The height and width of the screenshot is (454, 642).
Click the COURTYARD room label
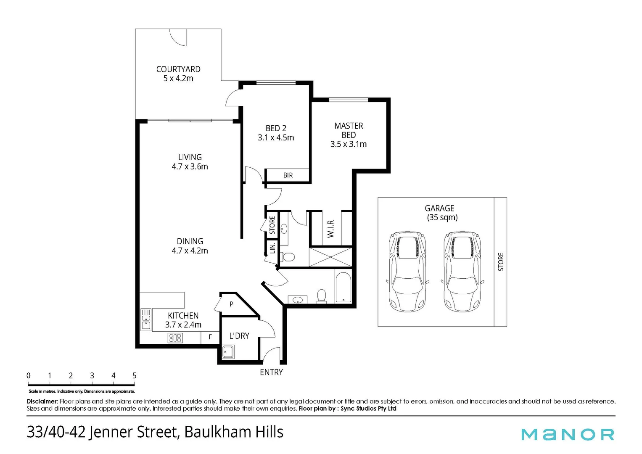click(178, 74)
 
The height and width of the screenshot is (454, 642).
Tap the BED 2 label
click(276, 133)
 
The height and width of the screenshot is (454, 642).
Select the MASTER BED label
click(349, 135)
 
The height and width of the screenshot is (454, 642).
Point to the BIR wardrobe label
click(288, 175)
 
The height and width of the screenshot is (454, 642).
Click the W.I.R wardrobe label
click(331, 228)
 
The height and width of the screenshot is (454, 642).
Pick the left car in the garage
click(407, 271)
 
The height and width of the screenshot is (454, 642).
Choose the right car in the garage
click(462, 271)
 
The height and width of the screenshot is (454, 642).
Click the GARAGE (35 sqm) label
click(440, 213)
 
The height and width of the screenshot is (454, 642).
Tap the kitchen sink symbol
click(146, 319)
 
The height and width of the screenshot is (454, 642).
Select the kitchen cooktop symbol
click(175, 338)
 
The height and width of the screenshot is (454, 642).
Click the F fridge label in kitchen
click(210, 337)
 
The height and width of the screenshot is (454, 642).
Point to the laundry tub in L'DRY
click(228, 351)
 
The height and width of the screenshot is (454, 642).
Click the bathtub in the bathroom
click(343, 288)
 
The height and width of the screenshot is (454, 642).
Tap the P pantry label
click(231, 304)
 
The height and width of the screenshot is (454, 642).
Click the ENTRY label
click(271, 372)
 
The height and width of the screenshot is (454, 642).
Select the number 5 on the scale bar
click(134, 375)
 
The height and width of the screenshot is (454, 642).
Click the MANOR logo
click(568, 434)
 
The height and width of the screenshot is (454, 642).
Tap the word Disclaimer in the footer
click(42, 401)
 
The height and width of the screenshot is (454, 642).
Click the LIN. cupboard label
click(272, 248)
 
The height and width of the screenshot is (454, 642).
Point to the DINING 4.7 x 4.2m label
click(190, 246)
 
